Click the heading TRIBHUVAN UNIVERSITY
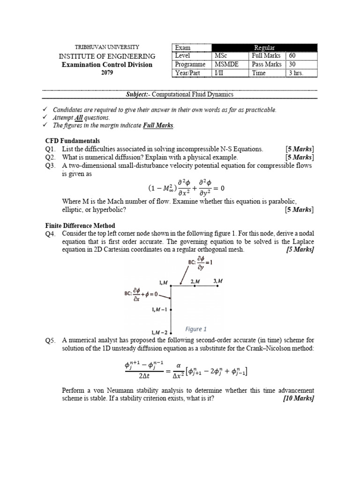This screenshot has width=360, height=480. pyautogui.click(x=107, y=47)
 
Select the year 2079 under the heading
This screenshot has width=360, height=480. pyautogui.click(x=107, y=73)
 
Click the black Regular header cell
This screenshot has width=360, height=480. pyautogui.click(x=264, y=47)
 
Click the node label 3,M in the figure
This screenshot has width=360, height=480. pyautogui.click(x=218, y=281)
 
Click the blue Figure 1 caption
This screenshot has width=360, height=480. pyautogui.click(x=195, y=329)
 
